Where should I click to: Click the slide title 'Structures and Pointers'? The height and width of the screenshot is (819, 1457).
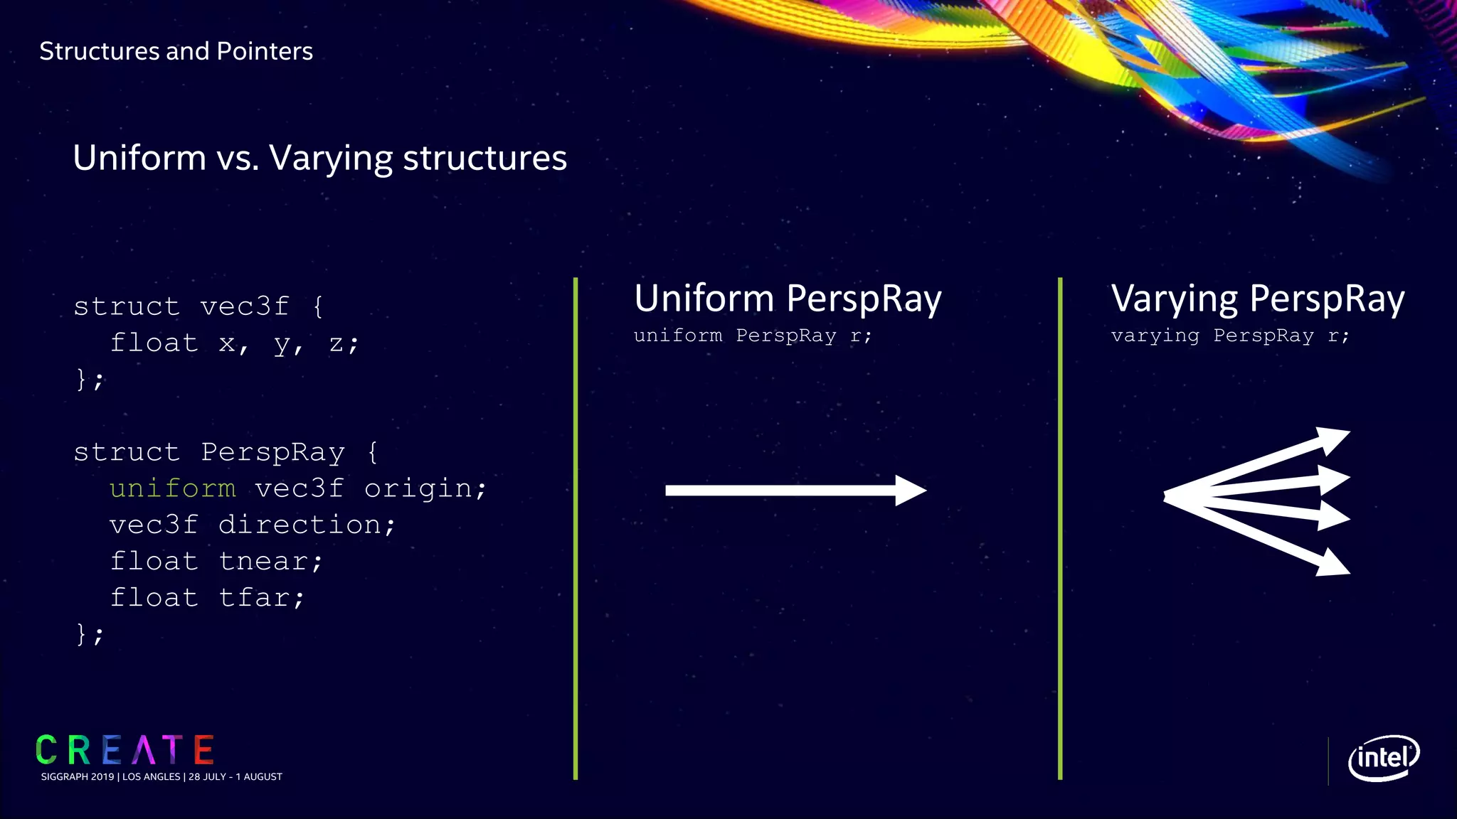(176, 51)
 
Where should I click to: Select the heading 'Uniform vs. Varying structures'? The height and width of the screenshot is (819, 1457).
(319, 158)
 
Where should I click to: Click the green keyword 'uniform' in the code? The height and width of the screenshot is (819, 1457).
(172, 488)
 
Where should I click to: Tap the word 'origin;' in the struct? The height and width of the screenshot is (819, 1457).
(425, 488)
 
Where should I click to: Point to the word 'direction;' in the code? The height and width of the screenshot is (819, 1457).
(307, 525)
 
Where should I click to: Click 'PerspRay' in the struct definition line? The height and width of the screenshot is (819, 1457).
(272, 452)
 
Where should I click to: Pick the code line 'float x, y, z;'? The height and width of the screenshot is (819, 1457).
(235, 343)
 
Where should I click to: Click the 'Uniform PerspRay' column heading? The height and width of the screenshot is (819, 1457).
(788, 298)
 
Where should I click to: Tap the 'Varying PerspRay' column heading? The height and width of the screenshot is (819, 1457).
(1257, 298)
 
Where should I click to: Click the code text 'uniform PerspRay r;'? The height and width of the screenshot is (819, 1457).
(752, 336)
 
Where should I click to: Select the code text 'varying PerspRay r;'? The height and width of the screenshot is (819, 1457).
(1229, 336)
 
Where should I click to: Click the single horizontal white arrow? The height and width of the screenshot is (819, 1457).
(795, 491)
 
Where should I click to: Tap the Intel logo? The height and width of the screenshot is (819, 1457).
(1383, 758)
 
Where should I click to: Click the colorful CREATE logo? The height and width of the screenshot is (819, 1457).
(124, 750)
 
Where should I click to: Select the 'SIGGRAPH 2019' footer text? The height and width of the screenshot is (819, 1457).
(78, 777)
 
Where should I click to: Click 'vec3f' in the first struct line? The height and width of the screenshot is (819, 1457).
(244, 307)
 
